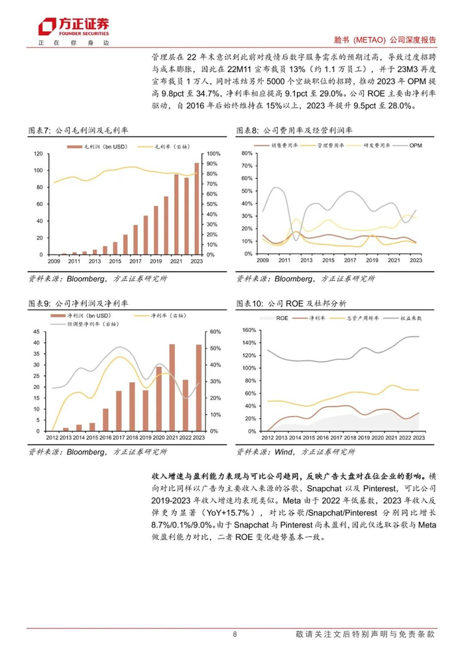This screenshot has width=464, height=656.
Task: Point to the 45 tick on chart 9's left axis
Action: tap(39, 331)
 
